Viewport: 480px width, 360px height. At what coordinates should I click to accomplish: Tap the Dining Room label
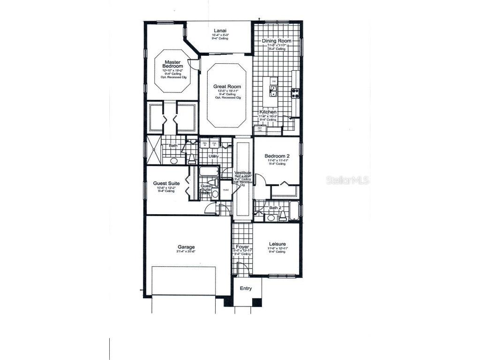277,41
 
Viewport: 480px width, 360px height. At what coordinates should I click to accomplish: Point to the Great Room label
227,87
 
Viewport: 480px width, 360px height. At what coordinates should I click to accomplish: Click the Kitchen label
268,112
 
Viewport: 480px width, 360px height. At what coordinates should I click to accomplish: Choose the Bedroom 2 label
277,156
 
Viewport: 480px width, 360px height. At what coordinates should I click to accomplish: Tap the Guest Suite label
166,184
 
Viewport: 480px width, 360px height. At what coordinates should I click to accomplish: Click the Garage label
186,247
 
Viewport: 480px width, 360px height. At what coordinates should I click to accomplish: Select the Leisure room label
277,244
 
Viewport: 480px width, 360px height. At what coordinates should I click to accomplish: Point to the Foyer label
242,247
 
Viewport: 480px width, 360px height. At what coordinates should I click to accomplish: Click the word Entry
246,289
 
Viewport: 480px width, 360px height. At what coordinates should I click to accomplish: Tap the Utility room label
207,156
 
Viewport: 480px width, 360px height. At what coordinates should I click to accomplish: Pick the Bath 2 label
275,207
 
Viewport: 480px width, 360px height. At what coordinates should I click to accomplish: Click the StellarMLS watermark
348,180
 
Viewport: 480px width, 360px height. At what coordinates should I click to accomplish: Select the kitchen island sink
273,89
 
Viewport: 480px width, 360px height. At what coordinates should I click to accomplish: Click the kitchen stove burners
295,93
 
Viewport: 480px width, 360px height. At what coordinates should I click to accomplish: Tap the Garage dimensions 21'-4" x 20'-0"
186,252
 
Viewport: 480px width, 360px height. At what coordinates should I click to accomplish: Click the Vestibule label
243,173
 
